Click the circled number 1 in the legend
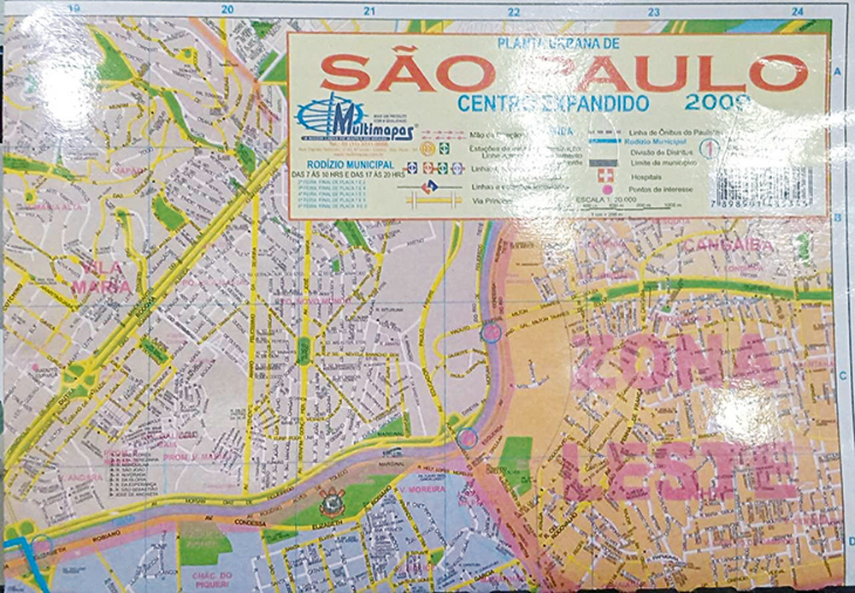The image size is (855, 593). pyautogui.click(x=709, y=146)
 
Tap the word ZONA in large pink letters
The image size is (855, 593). pyautogui.click(x=675, y=363)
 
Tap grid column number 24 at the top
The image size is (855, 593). pyautogui.click(x=797, y=11)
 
